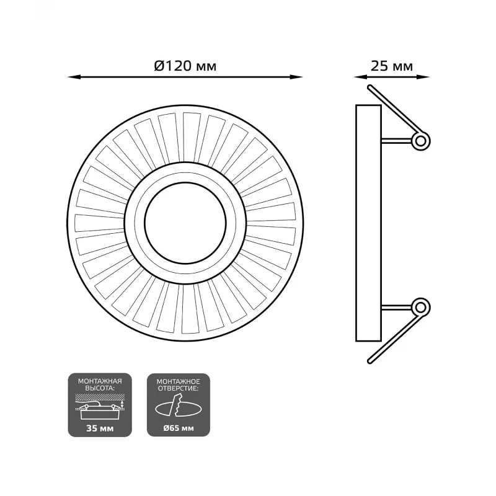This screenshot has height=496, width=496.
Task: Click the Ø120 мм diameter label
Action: pyautogui.click(x=185, y=66)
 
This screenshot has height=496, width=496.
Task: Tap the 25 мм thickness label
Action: pyautogui.click(x=392, y=66)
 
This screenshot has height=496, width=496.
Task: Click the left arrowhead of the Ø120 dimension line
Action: pyautogui.click(x=74, y=77)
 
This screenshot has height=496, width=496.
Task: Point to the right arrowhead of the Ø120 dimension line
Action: pyautogui.click(x=297, y=77)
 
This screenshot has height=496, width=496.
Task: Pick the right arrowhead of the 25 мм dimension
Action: pyautogui.click(x=423, y=77)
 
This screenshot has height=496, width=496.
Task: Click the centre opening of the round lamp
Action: pyautogui.click(x=185, y=223)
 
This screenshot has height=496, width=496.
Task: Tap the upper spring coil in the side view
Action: pyautogui.click(x=420, y=141)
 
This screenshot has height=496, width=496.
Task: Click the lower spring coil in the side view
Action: pyautogui.click(x=420, y=307)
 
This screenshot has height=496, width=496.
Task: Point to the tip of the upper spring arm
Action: pyautogui.click(x=370, y=87)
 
